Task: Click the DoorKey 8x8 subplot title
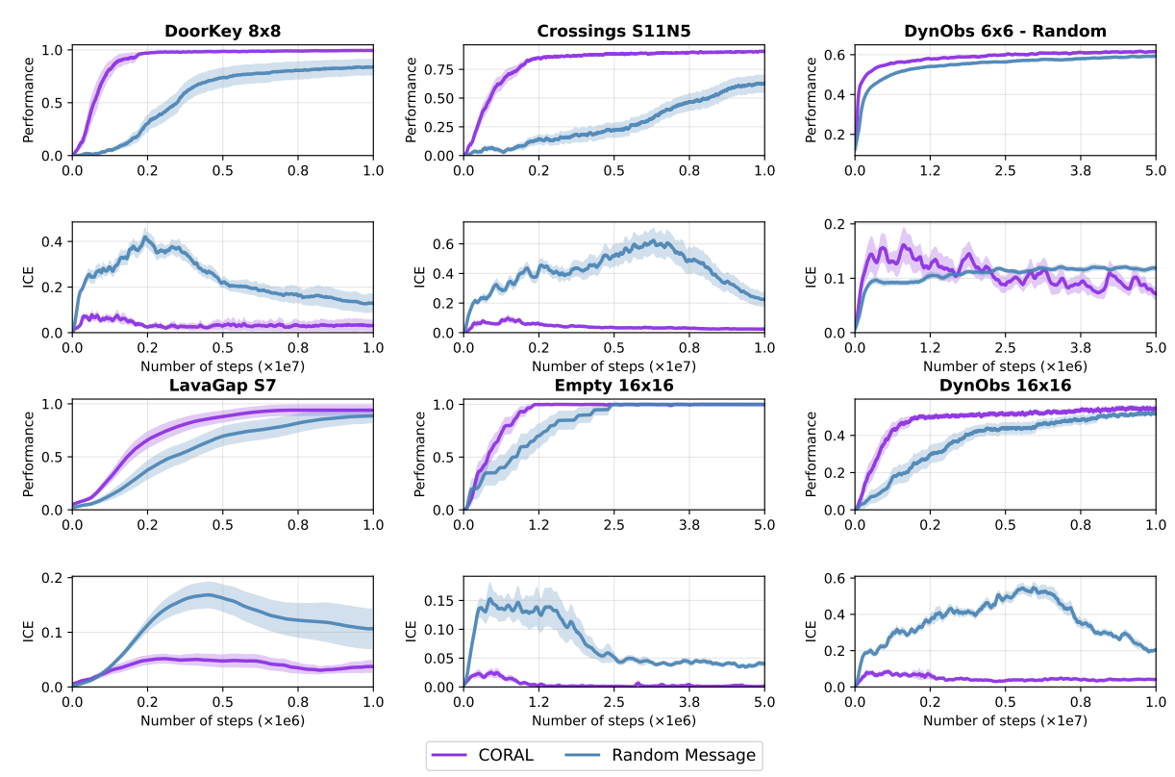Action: pos(222,30)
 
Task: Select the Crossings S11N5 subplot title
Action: pos(613,30)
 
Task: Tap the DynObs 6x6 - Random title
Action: pos(1005,30)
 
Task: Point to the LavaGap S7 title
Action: pos(222,386)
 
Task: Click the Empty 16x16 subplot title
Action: pos(613,386)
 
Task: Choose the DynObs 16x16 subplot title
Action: pos(1005,386)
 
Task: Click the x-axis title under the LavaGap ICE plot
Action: pos(222,720)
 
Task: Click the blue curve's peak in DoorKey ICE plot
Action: pos(146,237)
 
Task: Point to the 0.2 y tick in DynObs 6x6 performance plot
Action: pos(838,134)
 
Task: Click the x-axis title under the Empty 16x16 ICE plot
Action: pos(613,720)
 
